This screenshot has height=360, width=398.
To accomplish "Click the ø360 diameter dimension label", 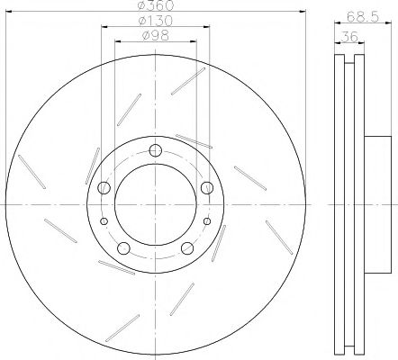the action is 156,5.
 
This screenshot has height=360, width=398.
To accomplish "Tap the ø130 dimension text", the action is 156,21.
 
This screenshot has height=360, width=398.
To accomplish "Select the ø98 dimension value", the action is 156,36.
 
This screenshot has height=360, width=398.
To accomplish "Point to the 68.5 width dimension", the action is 363,17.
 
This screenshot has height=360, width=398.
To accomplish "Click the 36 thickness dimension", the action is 349,37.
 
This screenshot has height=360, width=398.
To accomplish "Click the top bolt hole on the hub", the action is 156,150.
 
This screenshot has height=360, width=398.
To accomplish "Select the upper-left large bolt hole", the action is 104,188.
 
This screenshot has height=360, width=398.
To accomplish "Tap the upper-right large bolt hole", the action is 207,188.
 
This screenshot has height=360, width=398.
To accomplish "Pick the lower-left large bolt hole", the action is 123,248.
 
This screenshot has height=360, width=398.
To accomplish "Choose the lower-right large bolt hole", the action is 187,248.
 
